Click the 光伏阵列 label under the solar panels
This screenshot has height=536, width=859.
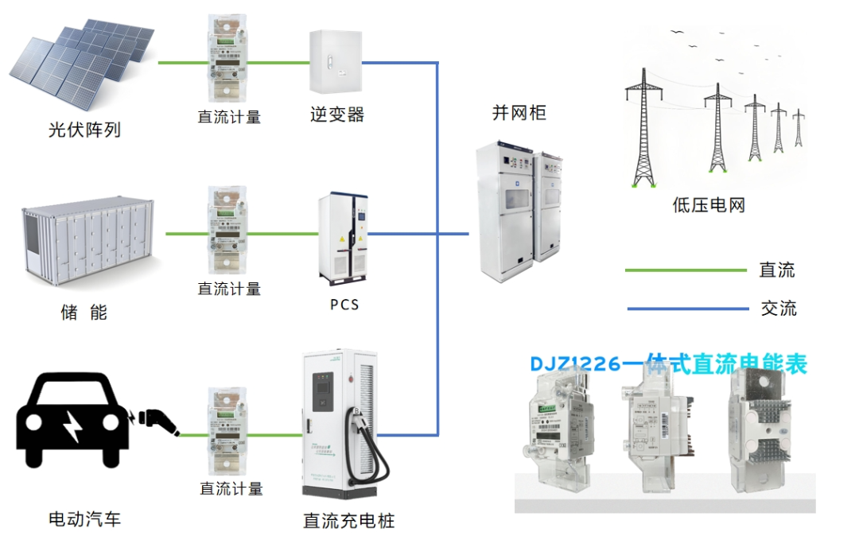click(x=84, y=130)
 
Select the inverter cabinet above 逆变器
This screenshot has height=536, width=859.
click(x=334, y=61)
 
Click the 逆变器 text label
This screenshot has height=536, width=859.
click(x=337, y=115)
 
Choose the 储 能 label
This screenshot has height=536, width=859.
click(x=84, y=313)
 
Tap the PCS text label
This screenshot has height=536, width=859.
click(x=344, y=305)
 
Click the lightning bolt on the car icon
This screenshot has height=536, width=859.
click(x=72, y=427)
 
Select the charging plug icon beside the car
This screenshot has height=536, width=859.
click(x=157, y=421)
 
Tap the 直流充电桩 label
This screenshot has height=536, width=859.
click(x=348, y=522)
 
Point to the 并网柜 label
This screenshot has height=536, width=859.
click(x=519, y=113)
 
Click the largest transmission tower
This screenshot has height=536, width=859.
click(x=643, y=127)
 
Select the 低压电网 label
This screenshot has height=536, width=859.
click(x=709, y=206)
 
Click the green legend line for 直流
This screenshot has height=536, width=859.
click(x=686, y=270)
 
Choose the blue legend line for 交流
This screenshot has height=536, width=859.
click(x=686, y=309)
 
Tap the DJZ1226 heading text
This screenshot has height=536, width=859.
click(x=668, y=364)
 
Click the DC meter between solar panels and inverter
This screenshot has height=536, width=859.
click(x=229, y=61)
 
